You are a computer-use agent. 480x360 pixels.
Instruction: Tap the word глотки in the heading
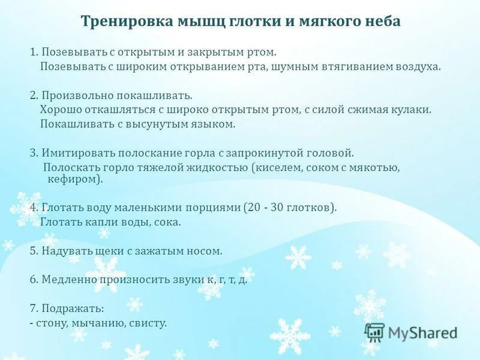253,22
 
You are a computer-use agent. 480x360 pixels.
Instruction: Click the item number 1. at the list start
34,53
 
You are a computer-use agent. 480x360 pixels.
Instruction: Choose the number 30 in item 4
277,208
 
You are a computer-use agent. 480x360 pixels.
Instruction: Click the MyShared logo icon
374,332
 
